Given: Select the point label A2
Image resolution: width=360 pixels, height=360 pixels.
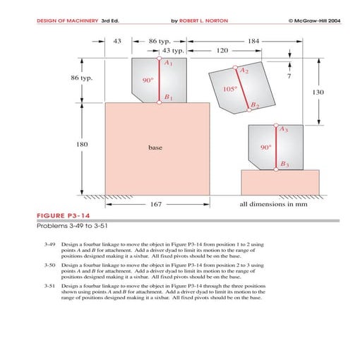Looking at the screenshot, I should click(244, 71).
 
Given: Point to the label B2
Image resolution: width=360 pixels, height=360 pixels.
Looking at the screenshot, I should click(255, 105).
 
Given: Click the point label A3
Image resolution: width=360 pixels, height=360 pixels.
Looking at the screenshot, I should click(283, 130).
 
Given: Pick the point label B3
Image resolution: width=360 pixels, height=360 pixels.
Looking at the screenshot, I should click(284, 164).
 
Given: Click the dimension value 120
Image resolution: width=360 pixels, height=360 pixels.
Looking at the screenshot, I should click(222, 52).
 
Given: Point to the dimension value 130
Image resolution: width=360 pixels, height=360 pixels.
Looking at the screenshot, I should click(318, 92).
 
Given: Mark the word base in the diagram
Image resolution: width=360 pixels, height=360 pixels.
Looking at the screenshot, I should click(155, 148).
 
